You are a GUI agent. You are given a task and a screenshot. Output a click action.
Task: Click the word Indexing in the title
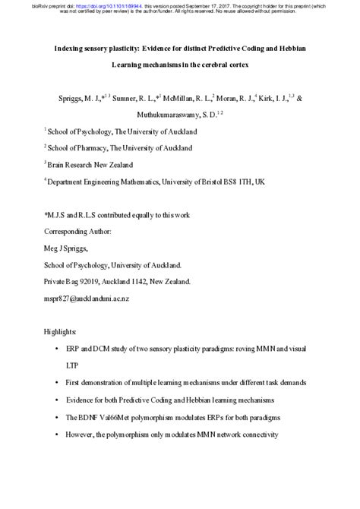point(71,47)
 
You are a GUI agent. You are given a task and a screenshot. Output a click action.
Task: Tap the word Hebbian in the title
point(290,47)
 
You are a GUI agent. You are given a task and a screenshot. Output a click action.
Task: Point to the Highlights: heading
point(60,333)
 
